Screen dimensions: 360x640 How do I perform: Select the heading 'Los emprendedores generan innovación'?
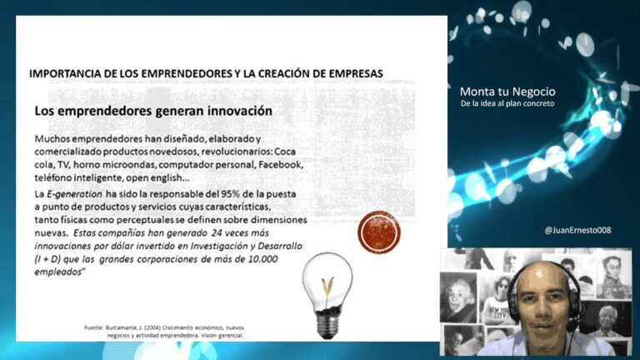tap(153, 110)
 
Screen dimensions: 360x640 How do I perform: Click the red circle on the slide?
tap(378, 232)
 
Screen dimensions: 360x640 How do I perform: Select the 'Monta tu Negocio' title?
tap(507, 91)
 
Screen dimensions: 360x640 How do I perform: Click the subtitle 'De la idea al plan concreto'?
tap(507, 104)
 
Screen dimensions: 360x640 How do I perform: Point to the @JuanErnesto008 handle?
tap(577, 230)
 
